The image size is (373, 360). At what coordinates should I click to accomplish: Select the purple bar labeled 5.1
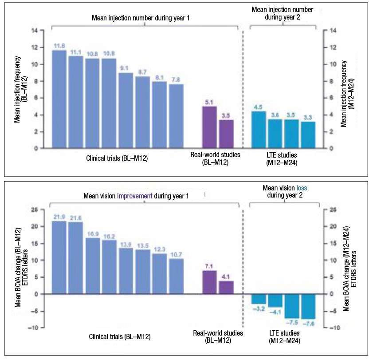click(210, 127)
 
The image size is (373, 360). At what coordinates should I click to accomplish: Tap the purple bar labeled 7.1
click(210, 282)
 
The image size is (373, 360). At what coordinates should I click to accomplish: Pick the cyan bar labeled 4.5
click(259, 130)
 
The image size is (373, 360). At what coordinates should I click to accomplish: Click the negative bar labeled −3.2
click(259, 299)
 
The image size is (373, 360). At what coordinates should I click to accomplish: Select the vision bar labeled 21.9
click(59, 257)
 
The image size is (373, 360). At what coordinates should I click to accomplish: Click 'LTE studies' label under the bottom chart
click(284, 333)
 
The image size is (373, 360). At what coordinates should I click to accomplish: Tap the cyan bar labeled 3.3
click(307, 135)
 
